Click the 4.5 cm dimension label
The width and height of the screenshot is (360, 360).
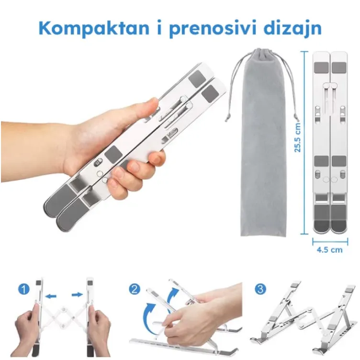coord(330,250)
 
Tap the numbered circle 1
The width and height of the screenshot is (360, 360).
coord(23,289)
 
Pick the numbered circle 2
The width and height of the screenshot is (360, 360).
coord(135,289)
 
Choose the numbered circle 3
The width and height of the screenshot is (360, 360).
coord(260,289)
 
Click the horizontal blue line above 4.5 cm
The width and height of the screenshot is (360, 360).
coord(330,241)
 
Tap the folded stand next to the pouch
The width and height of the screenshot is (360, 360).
coord(330,144)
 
